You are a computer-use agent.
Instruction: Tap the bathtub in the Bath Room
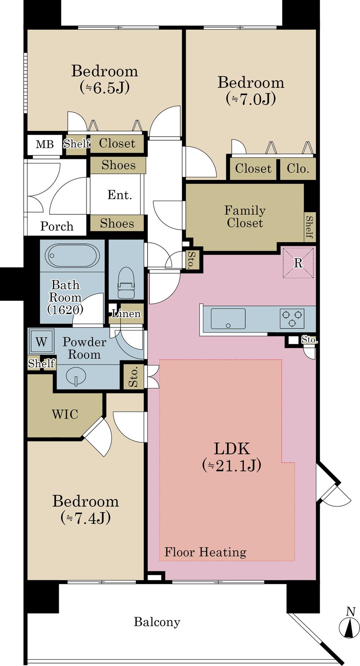click(72, 256)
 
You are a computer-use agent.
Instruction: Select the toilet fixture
click(126, 282)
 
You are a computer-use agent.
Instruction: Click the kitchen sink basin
click(228, 318)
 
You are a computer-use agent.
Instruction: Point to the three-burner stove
click(292, 318)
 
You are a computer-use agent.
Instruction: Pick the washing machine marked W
click(41, 341)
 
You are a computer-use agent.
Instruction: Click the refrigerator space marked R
click(298, 263)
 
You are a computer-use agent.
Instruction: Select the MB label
click(45, 144)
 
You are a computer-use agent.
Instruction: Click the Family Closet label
click(245, 216)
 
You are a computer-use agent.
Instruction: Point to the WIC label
click(65, 414)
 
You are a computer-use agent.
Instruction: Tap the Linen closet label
click(126, 314)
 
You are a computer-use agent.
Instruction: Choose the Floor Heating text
click(205, 552)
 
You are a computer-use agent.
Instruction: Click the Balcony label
click(157, 622)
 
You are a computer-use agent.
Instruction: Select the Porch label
click(57, 226)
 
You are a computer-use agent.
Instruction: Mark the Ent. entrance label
click(120, 195)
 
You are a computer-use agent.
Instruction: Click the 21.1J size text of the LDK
click(231, 465)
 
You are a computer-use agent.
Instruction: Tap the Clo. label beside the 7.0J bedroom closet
click(298, 168)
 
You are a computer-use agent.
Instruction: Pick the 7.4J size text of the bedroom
click(86, 518)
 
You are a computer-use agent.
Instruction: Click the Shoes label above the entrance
click(118, 165)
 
